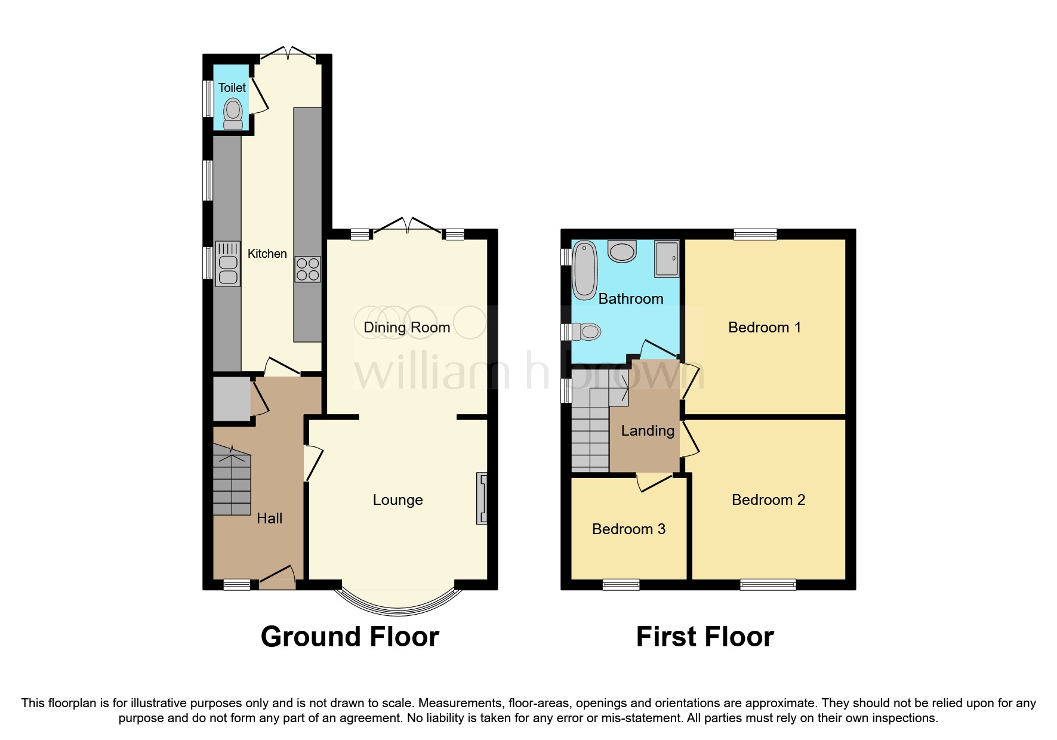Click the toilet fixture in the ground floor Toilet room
(233, 114)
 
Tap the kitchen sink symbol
(227, 264)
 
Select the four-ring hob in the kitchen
(307, 269)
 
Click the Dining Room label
(406, 327)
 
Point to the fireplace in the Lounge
(482, 498)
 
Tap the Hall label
(269, 518)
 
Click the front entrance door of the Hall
(278, 577)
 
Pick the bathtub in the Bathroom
(584, 270)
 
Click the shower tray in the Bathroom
(667, 258)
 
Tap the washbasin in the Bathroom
(622, 251)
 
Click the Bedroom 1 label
(764, 327)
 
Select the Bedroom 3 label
(628, 529)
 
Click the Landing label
(648, 430)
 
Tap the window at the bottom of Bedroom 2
(768, 584)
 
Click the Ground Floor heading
(350, 637)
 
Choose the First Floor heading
(704, 637)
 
